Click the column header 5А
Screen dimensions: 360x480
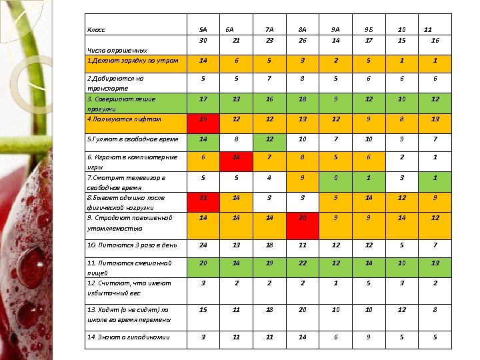tap(203, 30)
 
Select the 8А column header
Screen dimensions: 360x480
tap(302, 30)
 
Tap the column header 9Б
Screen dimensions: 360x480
tap(369, 30)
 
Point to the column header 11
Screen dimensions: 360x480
tap(429, 30)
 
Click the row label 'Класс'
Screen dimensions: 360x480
tap(97, 30)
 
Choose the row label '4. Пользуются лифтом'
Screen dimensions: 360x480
tap(125, 119)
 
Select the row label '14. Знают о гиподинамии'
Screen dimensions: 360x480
tap(129, 337)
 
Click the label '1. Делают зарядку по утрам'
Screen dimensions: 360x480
tap(133, 61)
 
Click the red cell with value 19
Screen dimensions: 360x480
tap(203, 119)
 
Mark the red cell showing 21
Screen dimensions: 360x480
tap(203, 198)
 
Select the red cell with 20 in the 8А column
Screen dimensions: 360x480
tap(302, 219)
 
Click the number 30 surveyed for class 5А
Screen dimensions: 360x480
tap(203, 41)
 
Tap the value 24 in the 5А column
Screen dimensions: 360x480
tap(203, 245)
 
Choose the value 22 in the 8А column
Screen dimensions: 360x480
tap(302, 263)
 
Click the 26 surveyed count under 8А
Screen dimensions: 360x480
tap(302, 41)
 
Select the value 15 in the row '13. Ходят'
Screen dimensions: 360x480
tap(203, 310)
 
